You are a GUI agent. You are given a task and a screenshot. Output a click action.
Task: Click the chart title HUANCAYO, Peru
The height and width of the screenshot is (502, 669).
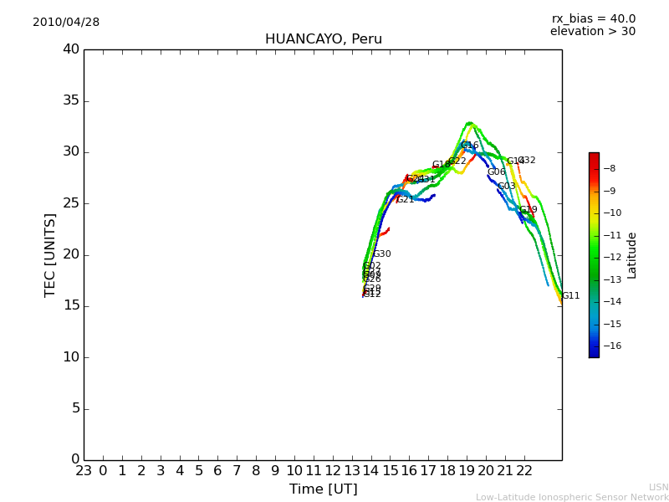tap(323, 39)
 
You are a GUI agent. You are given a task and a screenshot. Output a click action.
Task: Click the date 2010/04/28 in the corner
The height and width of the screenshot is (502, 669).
tap(66, 23)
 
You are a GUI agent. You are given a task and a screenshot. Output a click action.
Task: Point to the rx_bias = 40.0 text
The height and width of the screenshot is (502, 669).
tap(593, 19)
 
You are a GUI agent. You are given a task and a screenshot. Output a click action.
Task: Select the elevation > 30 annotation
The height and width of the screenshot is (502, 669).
tap(592, 32)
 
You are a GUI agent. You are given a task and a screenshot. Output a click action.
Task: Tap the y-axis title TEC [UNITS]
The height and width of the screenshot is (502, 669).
tap(50, 254)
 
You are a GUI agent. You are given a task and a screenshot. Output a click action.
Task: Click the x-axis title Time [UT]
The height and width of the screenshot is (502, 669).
tap(323, 489)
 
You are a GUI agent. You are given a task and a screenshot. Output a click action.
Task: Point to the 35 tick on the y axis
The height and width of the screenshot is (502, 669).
tap(70, 101)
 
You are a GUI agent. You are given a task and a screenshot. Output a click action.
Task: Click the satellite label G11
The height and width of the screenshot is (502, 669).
tap(570, 296)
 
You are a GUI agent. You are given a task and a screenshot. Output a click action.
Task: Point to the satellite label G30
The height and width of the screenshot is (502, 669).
tap(381, 254)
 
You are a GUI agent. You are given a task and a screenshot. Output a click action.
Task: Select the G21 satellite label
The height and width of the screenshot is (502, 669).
tap(405, 200)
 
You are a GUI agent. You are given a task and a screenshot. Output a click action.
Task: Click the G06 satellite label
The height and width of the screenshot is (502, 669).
tap(496, 172)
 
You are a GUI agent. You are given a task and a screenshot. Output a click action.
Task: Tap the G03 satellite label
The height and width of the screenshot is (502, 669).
tap(506, 187)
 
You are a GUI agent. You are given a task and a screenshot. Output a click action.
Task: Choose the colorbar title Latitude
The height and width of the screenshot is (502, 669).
tap(632, 255)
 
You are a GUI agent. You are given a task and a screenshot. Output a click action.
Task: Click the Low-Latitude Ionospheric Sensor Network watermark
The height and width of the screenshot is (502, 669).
tap(572, 498)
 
